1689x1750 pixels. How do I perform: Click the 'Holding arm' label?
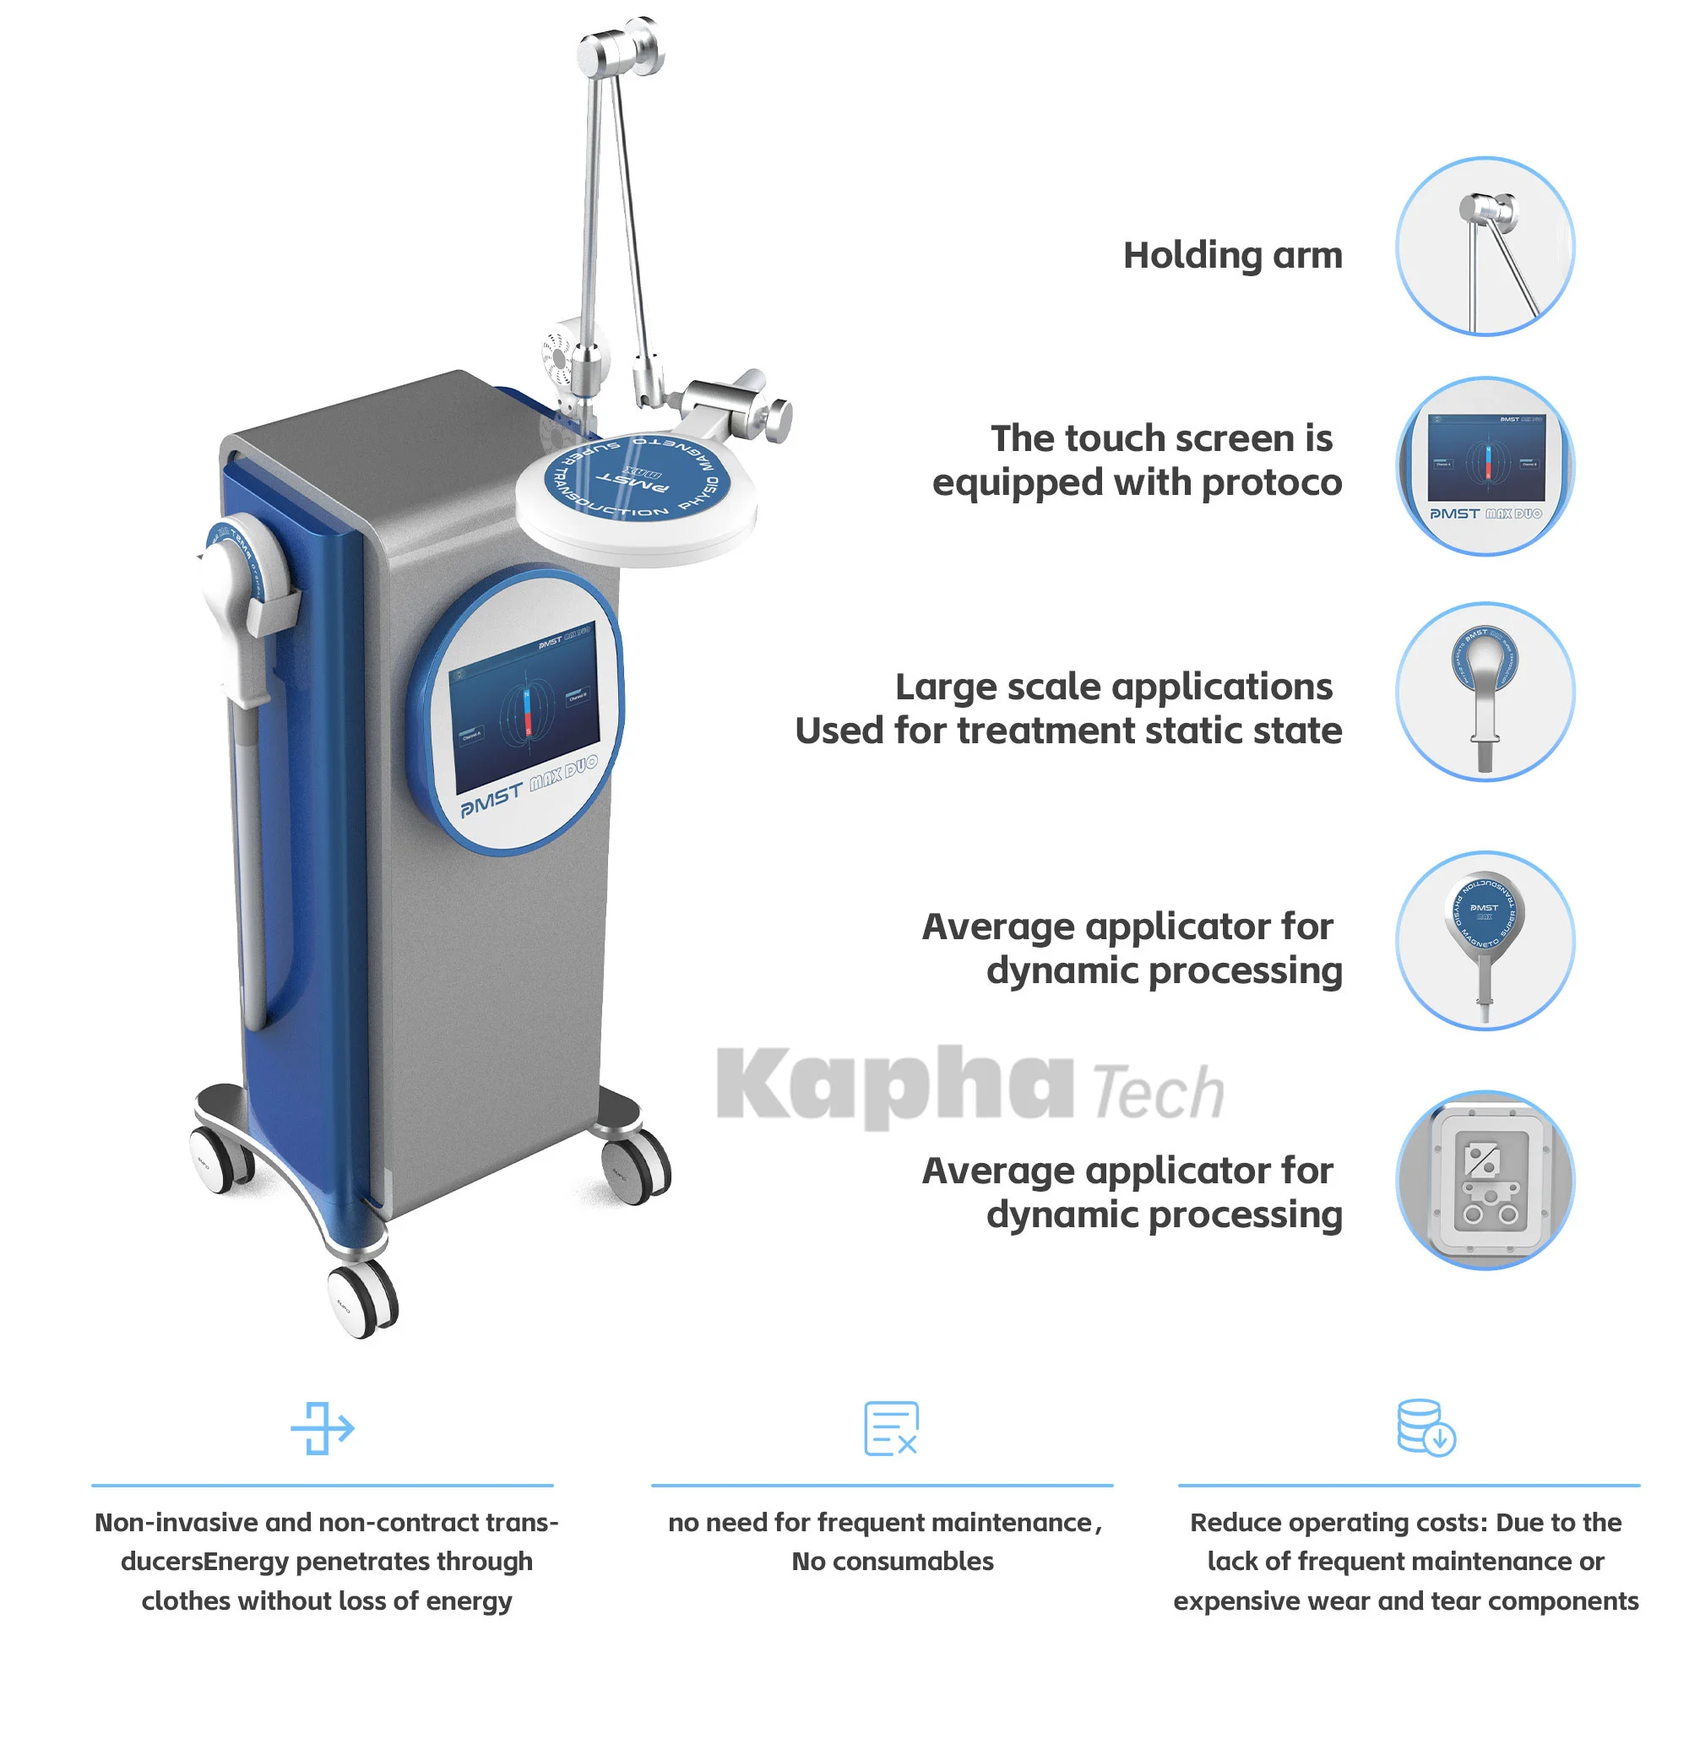1231,255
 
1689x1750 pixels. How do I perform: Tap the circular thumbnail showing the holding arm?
1484,247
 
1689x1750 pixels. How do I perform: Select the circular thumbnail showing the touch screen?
1484,466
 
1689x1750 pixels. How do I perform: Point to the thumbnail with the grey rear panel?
1484,1179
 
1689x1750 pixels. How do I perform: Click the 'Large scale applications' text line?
1112,687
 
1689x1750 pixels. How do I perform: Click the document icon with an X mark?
890,1427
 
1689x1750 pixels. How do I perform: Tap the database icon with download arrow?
1425,1427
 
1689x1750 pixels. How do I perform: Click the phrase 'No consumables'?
892,1561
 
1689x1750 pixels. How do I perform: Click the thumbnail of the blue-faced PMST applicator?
1484,940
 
